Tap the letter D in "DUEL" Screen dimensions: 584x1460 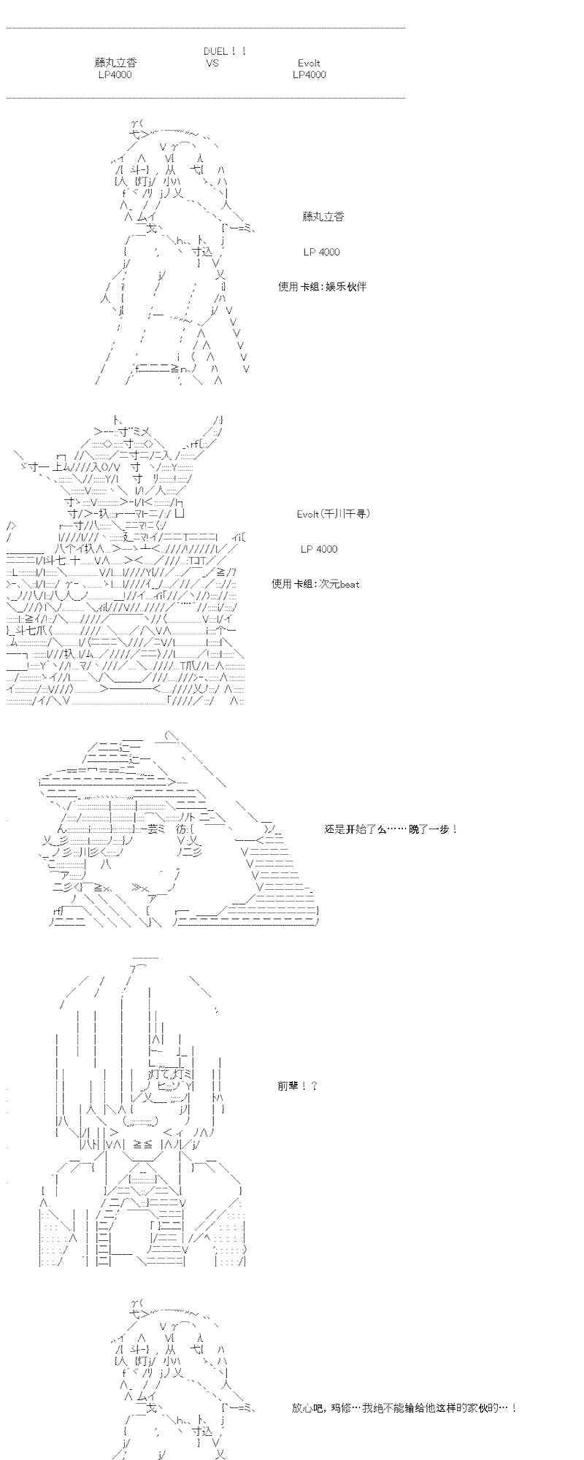pos(207,51)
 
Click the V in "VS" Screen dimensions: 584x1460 pos(209,64)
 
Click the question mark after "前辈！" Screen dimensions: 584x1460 pos(314,1086)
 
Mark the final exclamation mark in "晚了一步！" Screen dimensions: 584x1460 pos(455,829)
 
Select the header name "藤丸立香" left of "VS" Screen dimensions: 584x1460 pos(115,64)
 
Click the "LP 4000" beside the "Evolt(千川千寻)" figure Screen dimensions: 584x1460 pos(319,549)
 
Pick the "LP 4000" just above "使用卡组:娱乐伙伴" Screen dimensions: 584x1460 pos(321,252)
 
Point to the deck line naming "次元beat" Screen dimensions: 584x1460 pos(315,584)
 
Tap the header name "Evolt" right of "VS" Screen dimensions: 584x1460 pos(309,64)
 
